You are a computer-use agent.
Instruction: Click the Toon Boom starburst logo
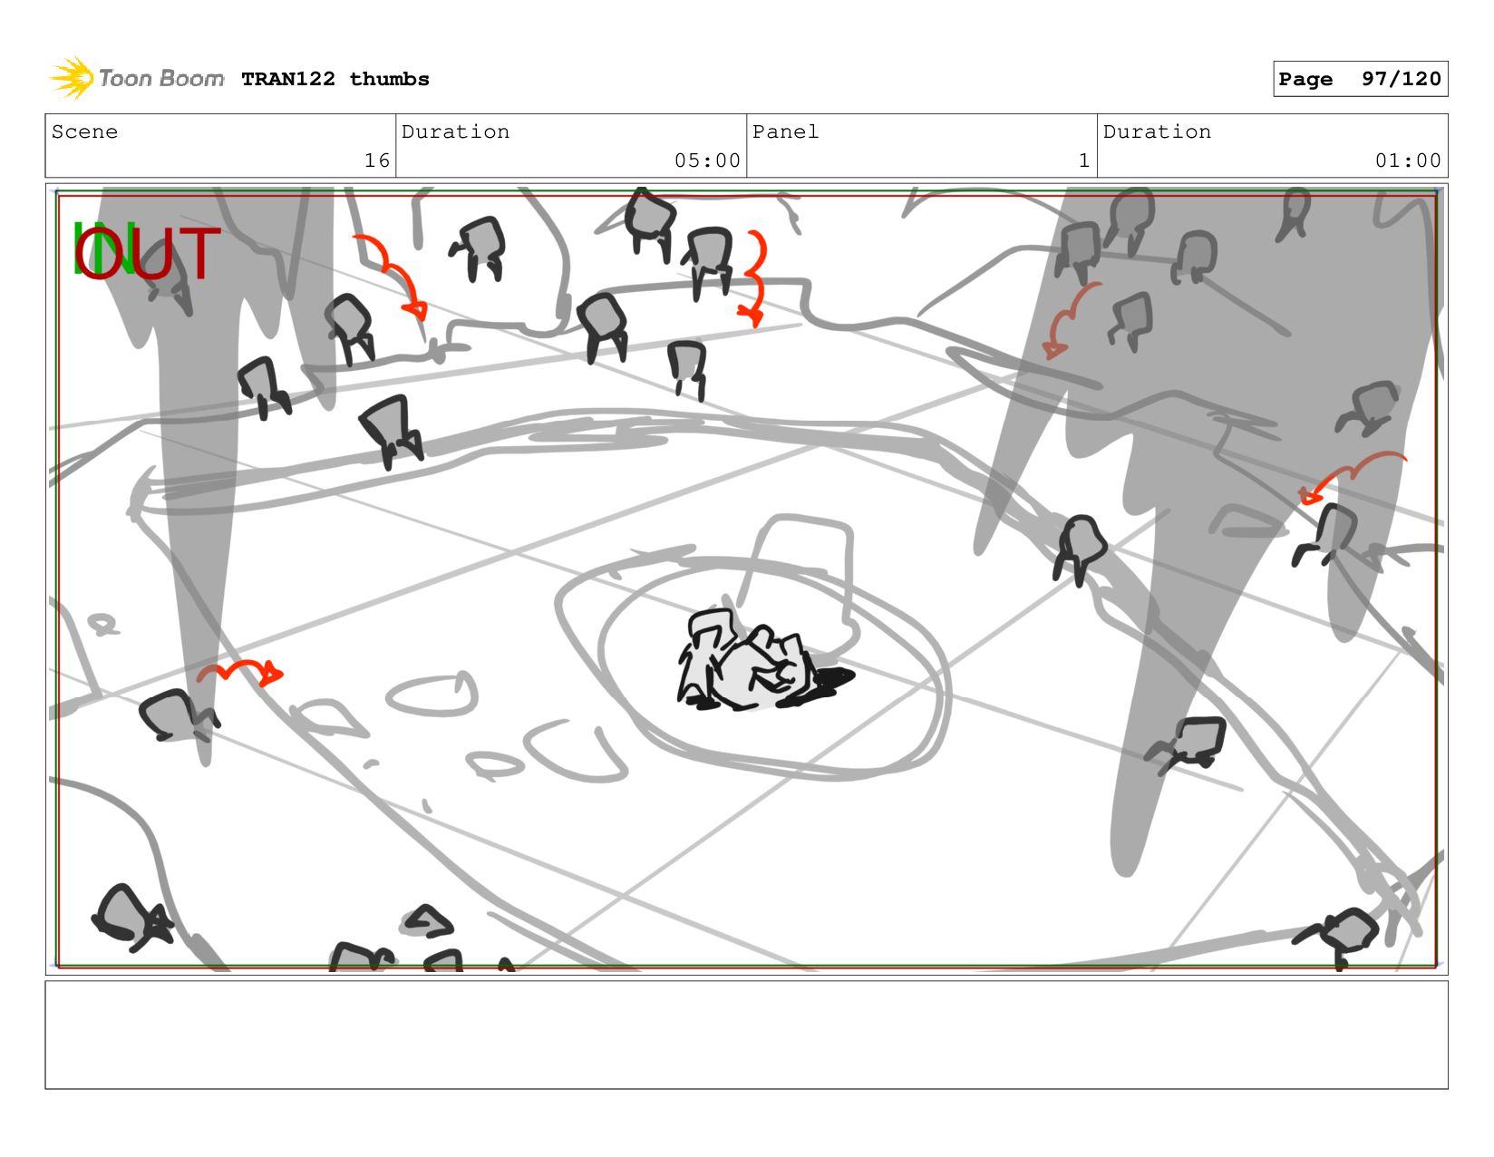click(x=71, y=78)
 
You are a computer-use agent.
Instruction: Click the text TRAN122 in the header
click(x=288, y=79)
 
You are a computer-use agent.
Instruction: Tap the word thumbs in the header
click(x=389, y=79)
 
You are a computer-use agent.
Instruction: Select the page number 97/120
click(x=1402, y=79)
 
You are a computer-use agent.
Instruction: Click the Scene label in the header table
click(x=84, y=131)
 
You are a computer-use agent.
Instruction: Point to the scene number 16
click(x=377, y=160)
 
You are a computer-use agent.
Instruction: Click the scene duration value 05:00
click(x=707, y=160)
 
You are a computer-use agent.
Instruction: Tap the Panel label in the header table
click(x=785, y=131)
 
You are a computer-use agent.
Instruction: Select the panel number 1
click(x=1084, y=160)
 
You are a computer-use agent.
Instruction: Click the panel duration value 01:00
click(x=1407, y=160)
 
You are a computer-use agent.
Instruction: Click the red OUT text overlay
click(x=147, y=253)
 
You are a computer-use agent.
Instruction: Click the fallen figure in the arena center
click(x=750, y=660)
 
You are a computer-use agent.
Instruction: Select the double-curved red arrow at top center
click(x=759, y=278)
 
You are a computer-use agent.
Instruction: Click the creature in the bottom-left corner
click(x=131, y=918)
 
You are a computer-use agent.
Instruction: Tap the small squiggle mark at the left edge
click(x=104, y=624)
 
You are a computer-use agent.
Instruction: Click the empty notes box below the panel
click(x=747, y=1035)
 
